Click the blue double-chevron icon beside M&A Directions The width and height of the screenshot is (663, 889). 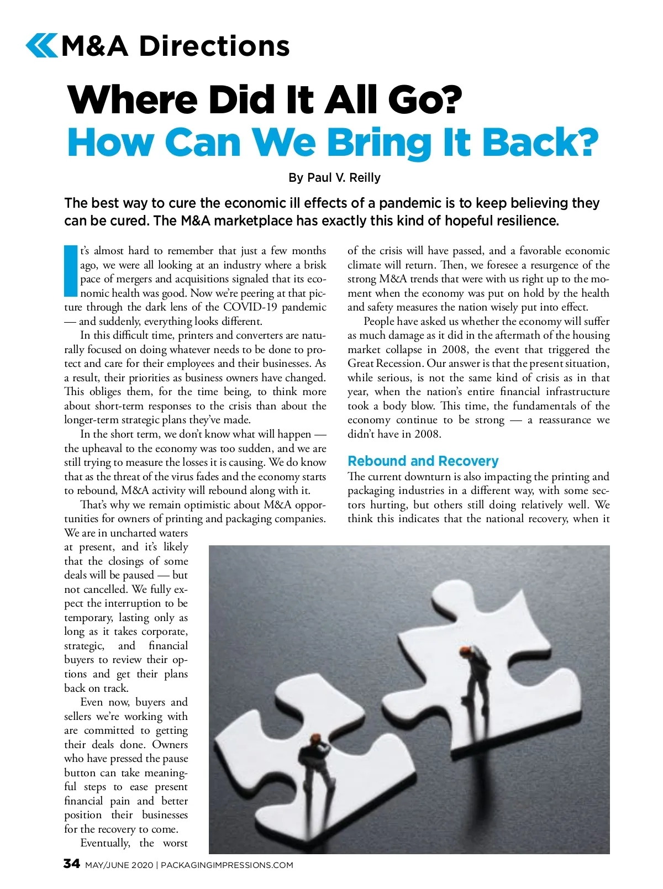[x=41, y=46]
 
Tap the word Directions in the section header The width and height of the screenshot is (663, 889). [x=214, y=46]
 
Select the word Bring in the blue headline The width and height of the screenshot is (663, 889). [x=379, y=143]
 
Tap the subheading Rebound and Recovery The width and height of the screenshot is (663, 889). [x=423, y=461]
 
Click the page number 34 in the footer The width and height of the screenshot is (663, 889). [x=72, y=864]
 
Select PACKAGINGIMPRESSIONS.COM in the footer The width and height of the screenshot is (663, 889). [x=227, y=865]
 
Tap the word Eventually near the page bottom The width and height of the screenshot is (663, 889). [x=105, y=843]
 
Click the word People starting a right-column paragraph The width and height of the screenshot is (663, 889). [x=380, y=321]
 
